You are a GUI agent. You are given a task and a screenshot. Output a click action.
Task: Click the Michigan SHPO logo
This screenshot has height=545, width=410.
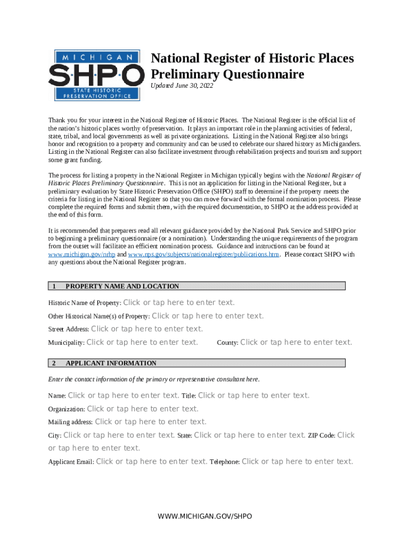(x=96, y=75)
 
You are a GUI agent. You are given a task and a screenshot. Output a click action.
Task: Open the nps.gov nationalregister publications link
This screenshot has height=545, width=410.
(x=203, y=254)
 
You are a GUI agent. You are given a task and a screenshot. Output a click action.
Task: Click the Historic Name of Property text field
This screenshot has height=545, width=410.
(x=179, y=302)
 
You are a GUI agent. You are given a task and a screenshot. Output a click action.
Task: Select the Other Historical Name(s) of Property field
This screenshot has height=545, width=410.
(x=208, y=316)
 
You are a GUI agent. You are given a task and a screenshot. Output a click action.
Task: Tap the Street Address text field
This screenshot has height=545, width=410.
(x=147, y=329)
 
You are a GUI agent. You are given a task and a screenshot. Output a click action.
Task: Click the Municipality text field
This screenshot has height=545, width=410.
(x=142, y=342)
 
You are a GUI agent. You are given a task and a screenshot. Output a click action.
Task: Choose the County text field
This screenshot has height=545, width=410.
(x=296, y=342)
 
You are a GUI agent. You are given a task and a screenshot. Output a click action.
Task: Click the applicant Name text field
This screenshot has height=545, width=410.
(x=124, y=395)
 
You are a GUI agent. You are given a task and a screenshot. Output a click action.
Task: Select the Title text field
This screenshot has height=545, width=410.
(x=253, y=395)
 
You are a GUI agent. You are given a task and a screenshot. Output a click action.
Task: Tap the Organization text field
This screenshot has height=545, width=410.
(x=143, y=409)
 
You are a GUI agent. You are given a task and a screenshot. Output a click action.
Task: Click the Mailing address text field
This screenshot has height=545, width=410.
(x=151, y=422)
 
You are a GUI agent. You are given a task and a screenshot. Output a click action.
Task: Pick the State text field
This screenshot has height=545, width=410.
(x=250, y=435)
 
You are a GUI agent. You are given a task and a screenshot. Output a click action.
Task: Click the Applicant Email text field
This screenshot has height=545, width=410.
(x=152, y=461)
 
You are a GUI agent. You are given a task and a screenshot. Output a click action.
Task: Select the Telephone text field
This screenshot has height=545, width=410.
(x=297, y=461)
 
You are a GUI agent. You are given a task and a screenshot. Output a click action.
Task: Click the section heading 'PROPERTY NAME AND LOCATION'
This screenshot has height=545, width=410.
(x=122, y=286)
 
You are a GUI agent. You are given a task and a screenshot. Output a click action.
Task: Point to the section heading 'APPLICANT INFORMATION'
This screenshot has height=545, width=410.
(x=111, y=363)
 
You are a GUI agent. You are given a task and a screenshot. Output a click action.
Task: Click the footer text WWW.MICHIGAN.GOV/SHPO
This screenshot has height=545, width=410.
(x=205, y=517)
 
